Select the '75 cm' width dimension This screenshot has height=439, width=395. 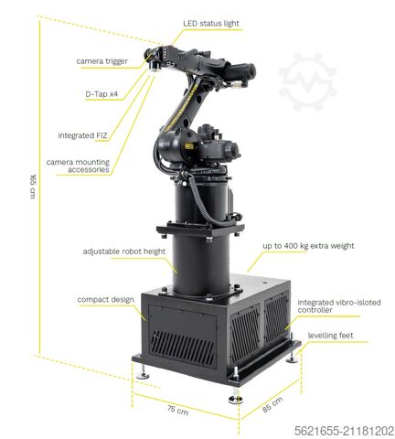coord(178,412)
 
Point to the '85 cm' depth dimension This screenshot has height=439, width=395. coord(272,403)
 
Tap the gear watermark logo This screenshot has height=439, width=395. coord(307,82)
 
